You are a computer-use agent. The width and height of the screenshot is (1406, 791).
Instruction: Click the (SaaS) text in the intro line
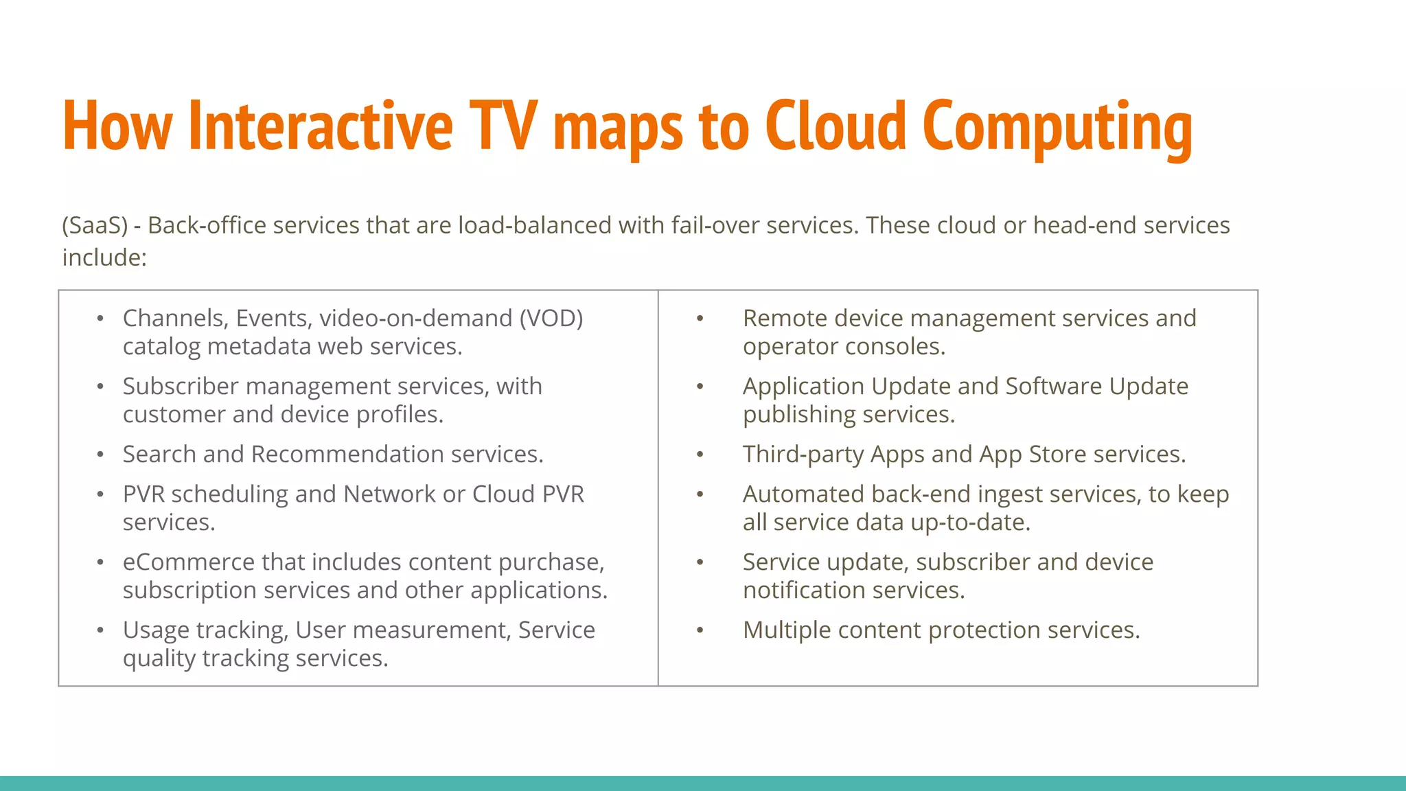tap(95, 225)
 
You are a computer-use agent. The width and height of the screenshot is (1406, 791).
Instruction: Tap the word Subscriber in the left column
tap(181, 386)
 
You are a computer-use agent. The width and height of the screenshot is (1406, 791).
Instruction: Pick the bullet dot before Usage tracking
tap(100, 630)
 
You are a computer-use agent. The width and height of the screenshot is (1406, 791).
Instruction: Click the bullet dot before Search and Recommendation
tap(100, 455)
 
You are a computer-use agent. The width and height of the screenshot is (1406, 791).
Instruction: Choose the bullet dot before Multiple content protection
tap(700, 630)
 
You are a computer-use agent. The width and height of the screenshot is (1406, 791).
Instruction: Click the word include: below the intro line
tap(104, 257)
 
